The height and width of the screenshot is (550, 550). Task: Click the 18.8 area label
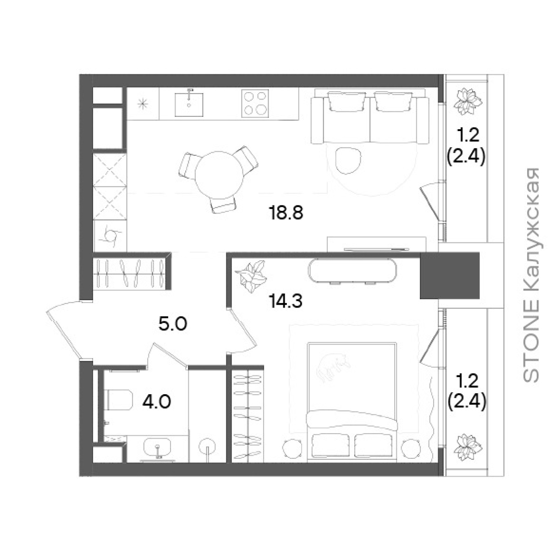click(x=286, y=213)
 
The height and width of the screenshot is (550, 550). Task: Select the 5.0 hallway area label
click(x=173, y=324)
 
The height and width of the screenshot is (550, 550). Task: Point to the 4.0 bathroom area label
click(x=157, y=402)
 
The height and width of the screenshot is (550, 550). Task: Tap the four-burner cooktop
click(x=255, y=103)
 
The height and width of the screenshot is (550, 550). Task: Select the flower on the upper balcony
click(x=467, y=102)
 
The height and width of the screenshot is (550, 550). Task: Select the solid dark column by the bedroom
click(x=450, y=276)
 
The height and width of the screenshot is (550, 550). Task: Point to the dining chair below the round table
click(x=224, y=205)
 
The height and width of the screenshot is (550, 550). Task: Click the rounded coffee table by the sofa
click(x=348, y=161)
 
